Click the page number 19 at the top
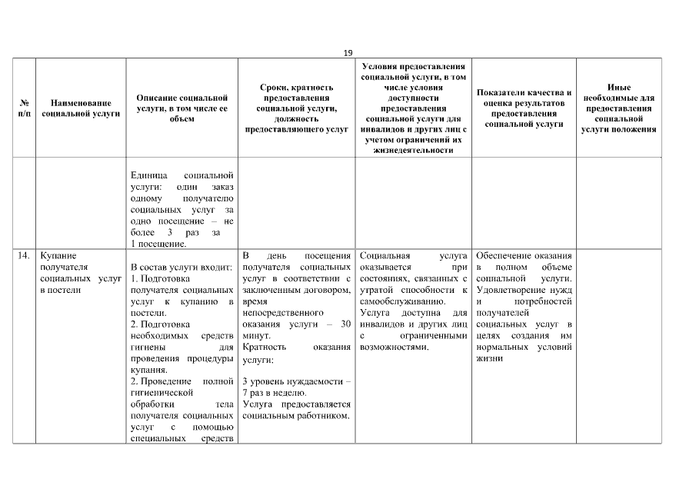348,52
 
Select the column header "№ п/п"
23,108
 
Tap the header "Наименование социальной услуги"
82,108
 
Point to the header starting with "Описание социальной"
182,108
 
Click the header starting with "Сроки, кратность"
296,108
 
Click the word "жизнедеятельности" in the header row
415,151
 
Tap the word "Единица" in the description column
150,175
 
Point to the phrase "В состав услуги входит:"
182,266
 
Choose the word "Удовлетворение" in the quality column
508,289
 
